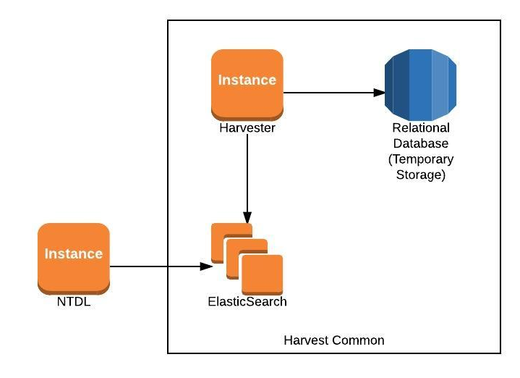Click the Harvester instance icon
(247, 83)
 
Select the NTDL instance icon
(73, 258)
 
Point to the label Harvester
(247, 127)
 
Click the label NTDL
(73, 301)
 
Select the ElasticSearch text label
(247, 301)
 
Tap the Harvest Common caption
(333, 340)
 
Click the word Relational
(420, 128)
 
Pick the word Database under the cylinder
(420, 143)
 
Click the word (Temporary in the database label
(420, 159)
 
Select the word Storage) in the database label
(420, 175)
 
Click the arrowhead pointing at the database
(379, 93)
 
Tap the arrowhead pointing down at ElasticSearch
(247, 217)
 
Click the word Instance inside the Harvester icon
(247, 80)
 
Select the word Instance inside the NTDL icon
(73, 254)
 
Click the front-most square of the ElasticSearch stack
(262, 274)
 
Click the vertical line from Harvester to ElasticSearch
(247, 174)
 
